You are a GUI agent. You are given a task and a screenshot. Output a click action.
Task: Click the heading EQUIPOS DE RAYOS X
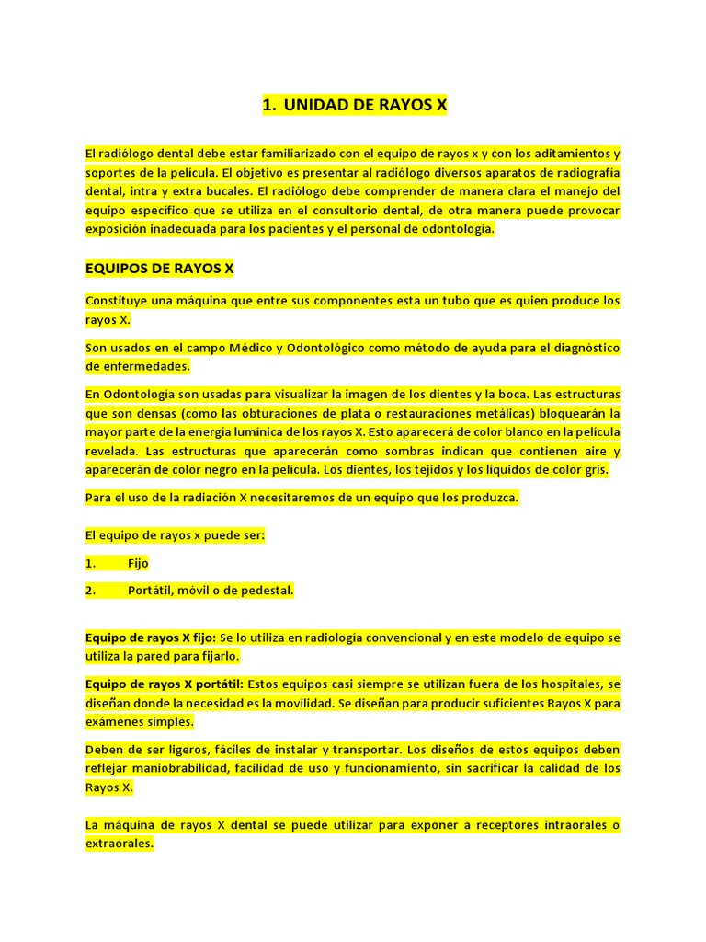(159, 269)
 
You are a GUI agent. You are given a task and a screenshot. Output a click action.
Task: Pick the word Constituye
(116, 301)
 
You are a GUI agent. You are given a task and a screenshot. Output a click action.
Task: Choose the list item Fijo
(138, 563)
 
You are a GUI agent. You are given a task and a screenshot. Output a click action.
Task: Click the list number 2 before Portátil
(90, 591)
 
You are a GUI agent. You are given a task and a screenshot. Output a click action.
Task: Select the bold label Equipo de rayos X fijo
(151, 638)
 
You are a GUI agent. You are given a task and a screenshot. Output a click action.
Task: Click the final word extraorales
(120, 843)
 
